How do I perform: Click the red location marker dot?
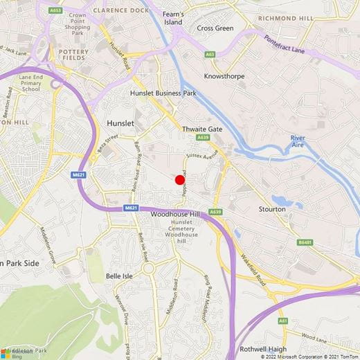pyautogui.click(x=179, y=180)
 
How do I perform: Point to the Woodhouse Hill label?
pyautogui.click(x=174, y=215)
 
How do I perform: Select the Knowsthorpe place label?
pyautogui.click(x=225, y=76)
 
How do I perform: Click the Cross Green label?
pyautogui.click(x=215, y=28)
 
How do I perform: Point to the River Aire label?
pyautogui.click(x=302, y=142)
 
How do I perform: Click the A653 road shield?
pyautogui.click(x=55, y=10)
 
